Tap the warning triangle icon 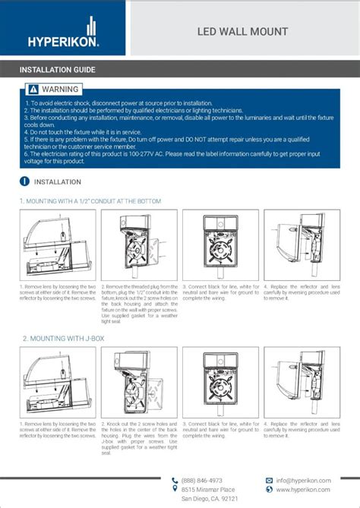[33, 90]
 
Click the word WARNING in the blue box [60, 90]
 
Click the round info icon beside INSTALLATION [24, 181]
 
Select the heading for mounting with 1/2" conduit [90, 201]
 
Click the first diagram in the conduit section [58, 245]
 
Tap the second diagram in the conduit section [139, 245]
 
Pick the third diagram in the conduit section [220, 245]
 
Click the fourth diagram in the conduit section [302, 245]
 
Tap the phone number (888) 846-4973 [201, 480]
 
